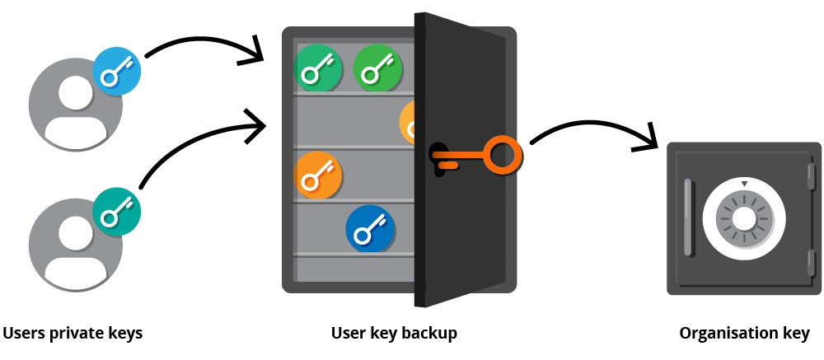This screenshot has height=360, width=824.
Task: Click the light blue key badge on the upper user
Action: (x=116, y=72)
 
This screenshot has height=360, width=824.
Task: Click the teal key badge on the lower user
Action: (x=116, y=212)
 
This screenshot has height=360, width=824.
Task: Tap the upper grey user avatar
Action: (x=69, y=108)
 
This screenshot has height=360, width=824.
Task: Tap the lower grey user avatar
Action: (x=69, y=246)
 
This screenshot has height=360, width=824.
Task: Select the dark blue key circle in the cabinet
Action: (x=370, y=229)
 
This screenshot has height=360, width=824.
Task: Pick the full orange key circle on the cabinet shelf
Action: (x=318, y=175)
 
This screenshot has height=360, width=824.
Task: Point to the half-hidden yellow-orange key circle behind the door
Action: (x=408, y=123)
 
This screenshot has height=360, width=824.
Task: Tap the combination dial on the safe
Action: (x=743, y=219)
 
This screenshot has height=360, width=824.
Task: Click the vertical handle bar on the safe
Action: (x=688, y=217)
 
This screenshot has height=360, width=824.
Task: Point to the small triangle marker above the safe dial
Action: (x=744, y=183)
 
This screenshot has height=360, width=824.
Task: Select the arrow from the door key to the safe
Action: (x=593, y=129)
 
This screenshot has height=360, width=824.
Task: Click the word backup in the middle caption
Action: (x=428, y=333)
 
